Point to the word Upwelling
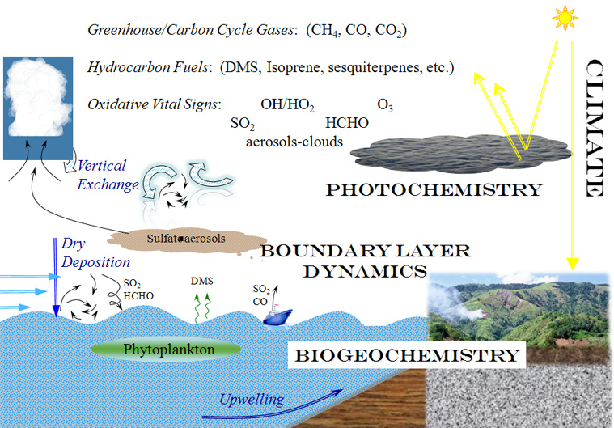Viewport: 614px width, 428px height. (x=251, y=399)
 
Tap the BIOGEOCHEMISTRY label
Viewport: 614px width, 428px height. (x=405, y=355)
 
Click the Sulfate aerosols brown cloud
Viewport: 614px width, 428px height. (x=186, y=239)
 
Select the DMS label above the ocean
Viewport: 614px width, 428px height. (x=202, y=281)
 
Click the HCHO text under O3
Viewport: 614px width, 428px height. (x=346, y=123)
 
